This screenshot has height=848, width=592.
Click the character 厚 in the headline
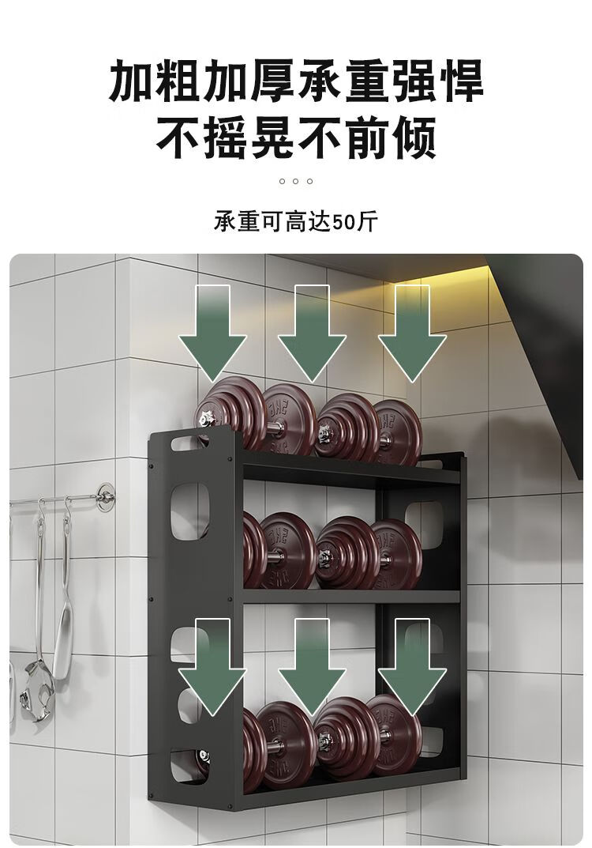click(x=268, y=82)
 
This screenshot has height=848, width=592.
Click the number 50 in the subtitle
click(x=344, y=222)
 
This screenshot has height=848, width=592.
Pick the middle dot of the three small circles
click(x=296, y=181)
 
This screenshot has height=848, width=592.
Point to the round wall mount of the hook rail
click(x=103, y=497)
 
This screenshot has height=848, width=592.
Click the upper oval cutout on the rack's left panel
click(x=188, y=510)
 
